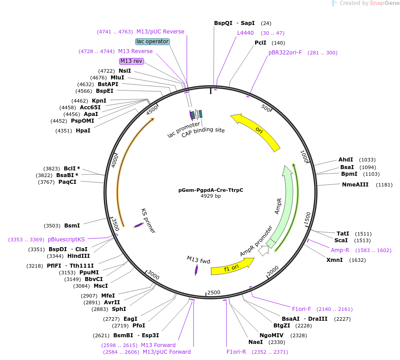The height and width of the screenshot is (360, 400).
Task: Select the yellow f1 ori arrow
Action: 232,268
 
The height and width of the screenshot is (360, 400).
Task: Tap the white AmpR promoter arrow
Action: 264,251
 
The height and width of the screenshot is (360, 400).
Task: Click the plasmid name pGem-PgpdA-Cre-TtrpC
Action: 210,190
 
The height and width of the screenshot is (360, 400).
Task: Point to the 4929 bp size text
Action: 210,196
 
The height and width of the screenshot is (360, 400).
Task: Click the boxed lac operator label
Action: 153,41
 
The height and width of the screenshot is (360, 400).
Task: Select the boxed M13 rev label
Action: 132,61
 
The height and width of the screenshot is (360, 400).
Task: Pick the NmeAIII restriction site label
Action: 355,184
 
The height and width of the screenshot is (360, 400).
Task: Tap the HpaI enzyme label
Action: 83,131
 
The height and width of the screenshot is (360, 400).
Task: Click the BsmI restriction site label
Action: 72,226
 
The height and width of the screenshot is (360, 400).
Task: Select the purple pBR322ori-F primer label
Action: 285,53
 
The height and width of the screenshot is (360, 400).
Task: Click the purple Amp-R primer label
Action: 340,250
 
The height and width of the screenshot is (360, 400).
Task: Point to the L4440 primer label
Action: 245,33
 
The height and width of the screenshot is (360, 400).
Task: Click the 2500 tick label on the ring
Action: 214,292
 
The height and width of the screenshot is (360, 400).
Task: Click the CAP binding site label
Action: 203,130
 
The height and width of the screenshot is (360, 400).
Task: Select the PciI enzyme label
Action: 260,43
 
